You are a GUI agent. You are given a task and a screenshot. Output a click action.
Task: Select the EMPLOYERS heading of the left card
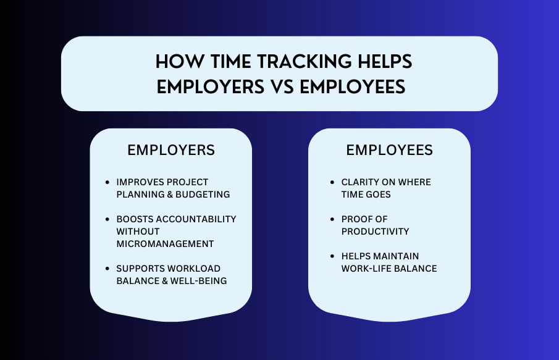pyautogui.click(x=171, y=150)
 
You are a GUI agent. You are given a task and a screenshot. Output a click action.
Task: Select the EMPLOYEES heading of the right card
pyautogui.click(x=389, y=150)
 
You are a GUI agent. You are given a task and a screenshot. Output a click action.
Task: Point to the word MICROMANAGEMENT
pyautogui.click(x=165, y=244)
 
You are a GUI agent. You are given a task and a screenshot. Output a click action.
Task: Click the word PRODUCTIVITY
pyautogui.click(x=375, y=232)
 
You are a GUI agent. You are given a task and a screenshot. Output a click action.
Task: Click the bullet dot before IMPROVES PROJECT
pyautogui.click(x=108, y=183)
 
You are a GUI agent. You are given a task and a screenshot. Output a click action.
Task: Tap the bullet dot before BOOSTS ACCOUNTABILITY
pyautogui.click(x=108, y=220)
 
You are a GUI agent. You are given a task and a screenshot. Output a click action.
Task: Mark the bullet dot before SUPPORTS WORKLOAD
pyautogui.click(x=108, y=269)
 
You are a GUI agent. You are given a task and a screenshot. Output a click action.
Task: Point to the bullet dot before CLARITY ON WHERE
pyautogui.click(x=333, y=183)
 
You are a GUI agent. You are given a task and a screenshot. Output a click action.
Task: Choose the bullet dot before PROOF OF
pyautogui.click(x=333, y=220)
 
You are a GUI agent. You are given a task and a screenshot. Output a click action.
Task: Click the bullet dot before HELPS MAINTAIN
pyautogui.click(x=333, y=257)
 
